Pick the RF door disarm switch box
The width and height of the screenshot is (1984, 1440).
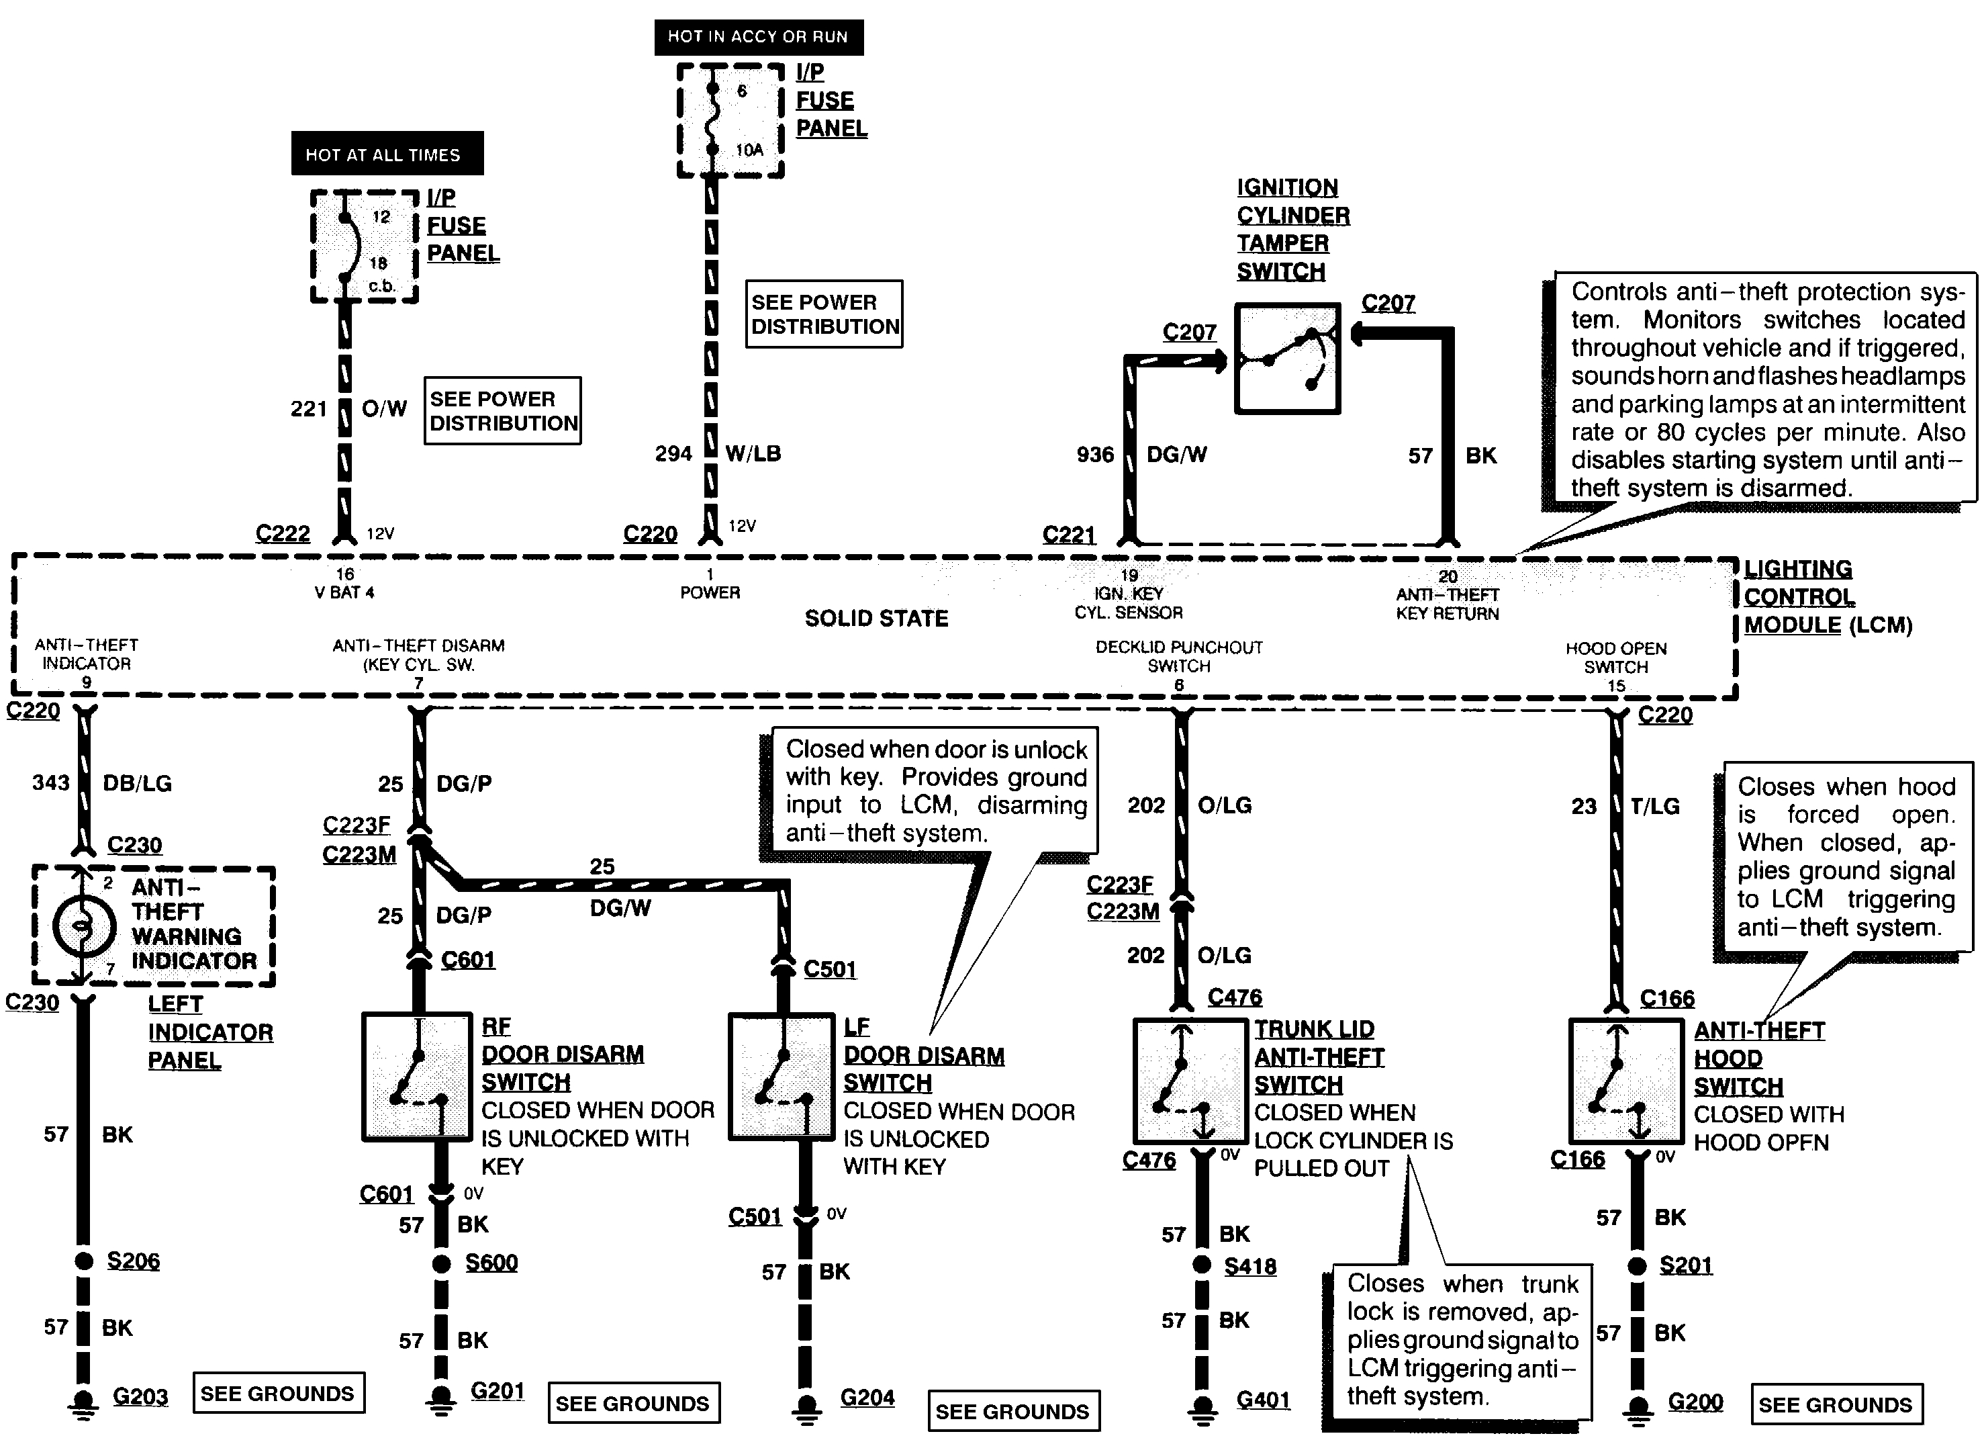point(417,1076)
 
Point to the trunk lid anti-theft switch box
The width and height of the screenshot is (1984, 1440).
point(1190,1081)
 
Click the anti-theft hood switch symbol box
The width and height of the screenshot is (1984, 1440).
point(1625,1081)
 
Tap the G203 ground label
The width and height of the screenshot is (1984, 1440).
point(140,1396)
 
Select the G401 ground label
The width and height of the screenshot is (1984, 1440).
point(1262,1400)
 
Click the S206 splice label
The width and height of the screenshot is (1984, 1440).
point(133,1261)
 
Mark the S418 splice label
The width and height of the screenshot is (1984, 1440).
point(1249,1266)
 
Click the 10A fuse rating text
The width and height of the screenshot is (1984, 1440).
point(749,150)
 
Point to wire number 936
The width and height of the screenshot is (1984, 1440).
point(1095,455)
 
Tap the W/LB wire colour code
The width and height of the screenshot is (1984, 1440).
point(753,453)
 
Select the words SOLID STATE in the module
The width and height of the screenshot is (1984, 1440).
point(876,619)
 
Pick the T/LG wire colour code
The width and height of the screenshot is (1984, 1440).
point(1655,806)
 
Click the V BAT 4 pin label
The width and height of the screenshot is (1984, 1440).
point(344,592)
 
